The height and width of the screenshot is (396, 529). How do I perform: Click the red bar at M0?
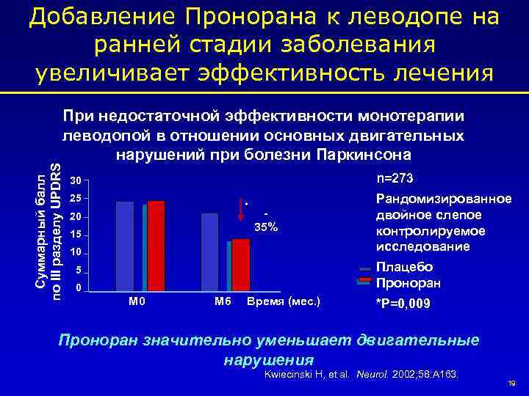[156, 246]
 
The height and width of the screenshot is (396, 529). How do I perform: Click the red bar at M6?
[240, 265]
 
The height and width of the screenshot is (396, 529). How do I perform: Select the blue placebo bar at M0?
[125, 246]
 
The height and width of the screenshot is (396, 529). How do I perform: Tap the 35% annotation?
[265, 227]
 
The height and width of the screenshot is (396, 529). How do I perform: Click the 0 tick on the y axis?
[78, 289]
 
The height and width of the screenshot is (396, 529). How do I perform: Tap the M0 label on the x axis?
[137, 301]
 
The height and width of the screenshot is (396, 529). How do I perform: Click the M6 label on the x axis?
[223, 301]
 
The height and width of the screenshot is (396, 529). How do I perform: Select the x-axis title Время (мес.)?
[284, 301]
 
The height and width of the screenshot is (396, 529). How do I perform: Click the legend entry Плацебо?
[404, 267]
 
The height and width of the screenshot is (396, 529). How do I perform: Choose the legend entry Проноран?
[409, 283]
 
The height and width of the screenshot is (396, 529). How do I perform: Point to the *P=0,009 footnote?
[404, 304]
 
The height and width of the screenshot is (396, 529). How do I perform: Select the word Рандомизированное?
[443, 199]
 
